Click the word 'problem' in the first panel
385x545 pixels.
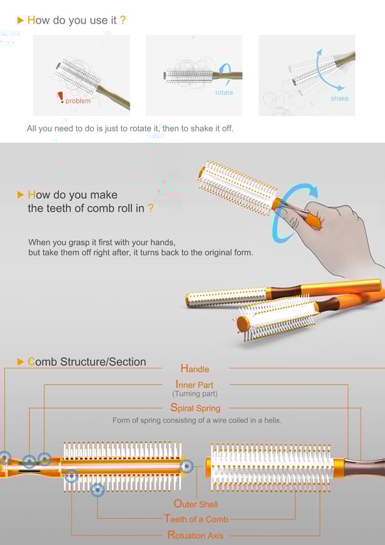(78, 101)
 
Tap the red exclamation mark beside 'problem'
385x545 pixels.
(61, 97)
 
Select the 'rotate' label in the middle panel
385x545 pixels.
(224, 92)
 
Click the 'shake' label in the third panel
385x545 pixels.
(340, 98)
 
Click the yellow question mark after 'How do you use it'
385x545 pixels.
(123, 20)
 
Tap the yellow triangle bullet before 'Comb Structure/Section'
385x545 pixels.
(21, 362)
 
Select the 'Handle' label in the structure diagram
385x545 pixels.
(195, 369)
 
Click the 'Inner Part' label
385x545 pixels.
(194, 385)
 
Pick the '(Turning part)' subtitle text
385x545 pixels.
(195, 394)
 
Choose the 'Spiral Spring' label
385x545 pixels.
(195, 408)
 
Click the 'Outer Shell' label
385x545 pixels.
(196, 504)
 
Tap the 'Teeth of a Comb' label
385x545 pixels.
(196, 519)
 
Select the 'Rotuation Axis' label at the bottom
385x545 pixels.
(196, 535)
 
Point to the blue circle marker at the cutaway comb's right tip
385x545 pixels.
(187, 465)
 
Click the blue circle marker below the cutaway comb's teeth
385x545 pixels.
(98, 490)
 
